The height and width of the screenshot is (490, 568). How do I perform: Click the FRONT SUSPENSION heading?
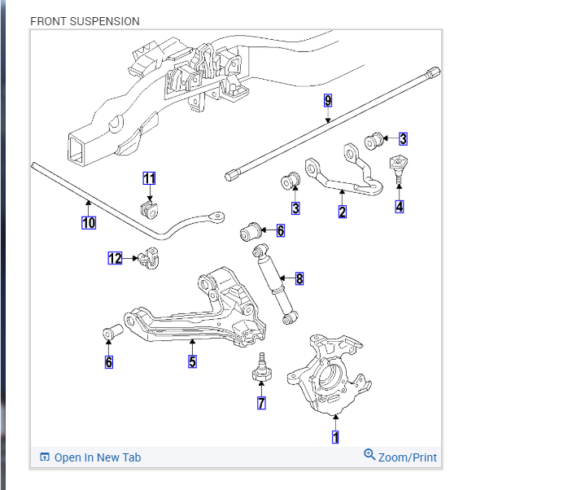[85, 21]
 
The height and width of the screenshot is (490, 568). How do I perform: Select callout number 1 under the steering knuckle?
[335, 437]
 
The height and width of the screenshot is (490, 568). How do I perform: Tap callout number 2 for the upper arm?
[343, 212]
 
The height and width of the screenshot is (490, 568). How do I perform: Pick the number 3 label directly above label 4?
[403, 139]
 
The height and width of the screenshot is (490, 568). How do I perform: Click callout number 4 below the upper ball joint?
[400, 207]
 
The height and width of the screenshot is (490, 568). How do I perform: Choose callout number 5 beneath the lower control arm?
[193, 361]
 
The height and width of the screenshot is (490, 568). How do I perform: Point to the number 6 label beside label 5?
[109, 361]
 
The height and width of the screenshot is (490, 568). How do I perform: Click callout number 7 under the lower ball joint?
[261, 403]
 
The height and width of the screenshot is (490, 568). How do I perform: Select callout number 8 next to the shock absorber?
[299, 279]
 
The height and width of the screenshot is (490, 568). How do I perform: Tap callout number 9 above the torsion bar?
[328, 101]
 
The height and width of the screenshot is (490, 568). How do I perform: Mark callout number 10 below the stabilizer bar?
[89, 222]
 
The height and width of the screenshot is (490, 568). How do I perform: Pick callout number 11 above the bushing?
[149, 178]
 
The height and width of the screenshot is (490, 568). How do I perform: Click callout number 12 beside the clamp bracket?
[116, 258]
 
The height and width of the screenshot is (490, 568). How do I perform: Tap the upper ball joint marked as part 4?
[399, 167]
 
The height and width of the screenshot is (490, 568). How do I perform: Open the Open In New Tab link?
[90, 457]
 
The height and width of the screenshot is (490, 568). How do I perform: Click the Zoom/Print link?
[400, 457]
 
